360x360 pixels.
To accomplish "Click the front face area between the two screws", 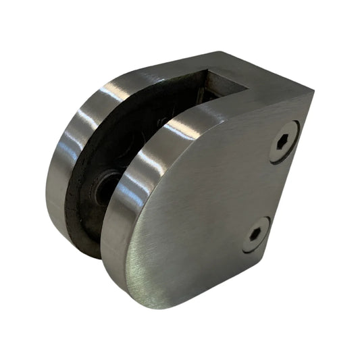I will point(270,189).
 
